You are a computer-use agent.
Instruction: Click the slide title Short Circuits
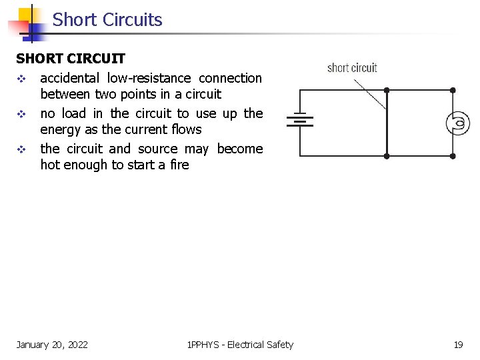[x=107, y=20]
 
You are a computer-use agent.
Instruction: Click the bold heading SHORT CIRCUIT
[x=71, y=59]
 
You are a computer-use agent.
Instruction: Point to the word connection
[x=230, y=78]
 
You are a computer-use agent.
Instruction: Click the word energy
[x=59, y=129]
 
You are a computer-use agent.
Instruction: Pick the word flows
[x=184, y=129]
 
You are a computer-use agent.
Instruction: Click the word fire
[x=178, y=165]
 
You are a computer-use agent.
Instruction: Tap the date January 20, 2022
[x=52, y=345]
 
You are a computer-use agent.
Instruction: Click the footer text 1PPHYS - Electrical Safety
[x=240, y=345]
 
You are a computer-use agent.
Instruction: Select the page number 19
[x=458, y=345]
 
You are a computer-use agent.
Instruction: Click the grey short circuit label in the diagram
[x=352, y=68]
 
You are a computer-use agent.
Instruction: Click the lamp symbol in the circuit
[x=459, y=123]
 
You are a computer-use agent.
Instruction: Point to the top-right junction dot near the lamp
[x=453, y=90]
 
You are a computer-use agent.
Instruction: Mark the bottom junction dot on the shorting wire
[x=387, y=155]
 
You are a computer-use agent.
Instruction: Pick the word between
[x=65, y=94]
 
